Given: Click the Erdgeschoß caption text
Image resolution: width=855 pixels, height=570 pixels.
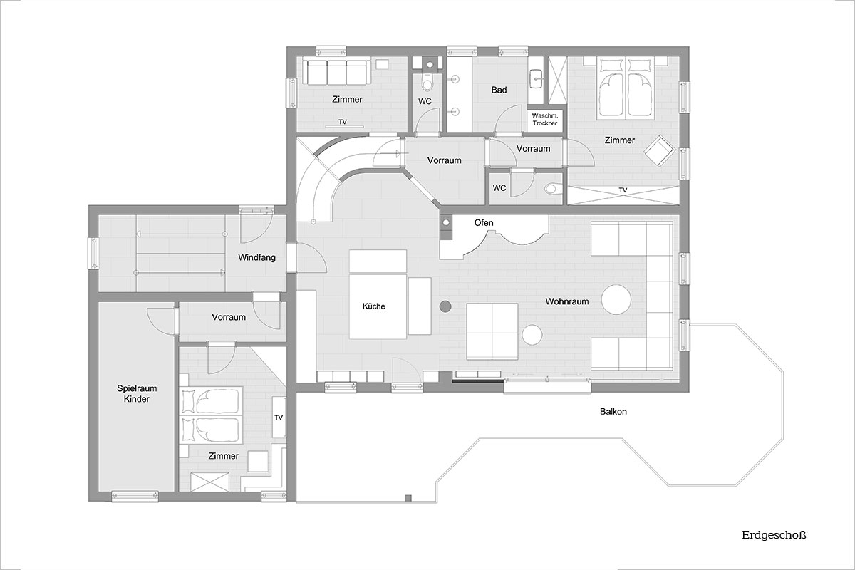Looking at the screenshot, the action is [x=774, y=535].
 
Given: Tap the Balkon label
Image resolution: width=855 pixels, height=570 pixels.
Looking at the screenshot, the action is [x=613, y=412].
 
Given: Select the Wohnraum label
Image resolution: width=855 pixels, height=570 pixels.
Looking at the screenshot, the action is [x=567, y=301].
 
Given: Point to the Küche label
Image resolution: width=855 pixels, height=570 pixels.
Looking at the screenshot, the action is [x=373, y=306].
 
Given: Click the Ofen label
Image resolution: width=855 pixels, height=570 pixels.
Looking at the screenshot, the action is [x=484, y=222].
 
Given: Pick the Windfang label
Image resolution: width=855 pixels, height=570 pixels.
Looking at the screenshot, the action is [x=256, y=257].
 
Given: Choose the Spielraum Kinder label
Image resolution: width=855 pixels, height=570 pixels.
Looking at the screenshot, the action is [x=137, y=393].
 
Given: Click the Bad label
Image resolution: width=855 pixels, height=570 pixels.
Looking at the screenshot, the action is [x=499, y=90].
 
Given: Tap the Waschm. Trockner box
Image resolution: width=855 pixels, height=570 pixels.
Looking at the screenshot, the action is [x=544, y=119].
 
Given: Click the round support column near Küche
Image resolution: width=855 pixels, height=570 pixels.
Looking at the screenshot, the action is [x=445, y=306].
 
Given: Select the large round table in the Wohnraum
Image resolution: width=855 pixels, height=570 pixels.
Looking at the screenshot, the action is [x=616, y=300].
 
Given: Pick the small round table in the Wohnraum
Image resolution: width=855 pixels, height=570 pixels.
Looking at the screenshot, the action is [x=532, y=335].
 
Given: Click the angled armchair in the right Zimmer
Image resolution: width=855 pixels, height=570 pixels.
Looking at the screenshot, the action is [x=659, y=150].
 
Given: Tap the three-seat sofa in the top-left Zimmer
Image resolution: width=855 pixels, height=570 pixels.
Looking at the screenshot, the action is [x=336, y=72].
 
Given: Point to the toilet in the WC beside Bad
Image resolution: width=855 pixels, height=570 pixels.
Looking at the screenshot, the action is [x=427, y=82].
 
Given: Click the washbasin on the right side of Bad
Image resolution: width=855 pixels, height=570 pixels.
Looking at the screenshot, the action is [x=537, y=79].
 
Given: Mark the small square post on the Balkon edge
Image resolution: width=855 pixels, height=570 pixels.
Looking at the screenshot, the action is [x=408, y=498].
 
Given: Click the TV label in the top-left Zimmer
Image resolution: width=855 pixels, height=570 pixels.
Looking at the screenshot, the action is [x=343, y=122].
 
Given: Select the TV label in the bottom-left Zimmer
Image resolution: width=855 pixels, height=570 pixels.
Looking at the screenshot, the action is [x=279, y=418].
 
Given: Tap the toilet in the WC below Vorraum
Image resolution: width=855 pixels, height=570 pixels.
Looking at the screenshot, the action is [x=554, y=188].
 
